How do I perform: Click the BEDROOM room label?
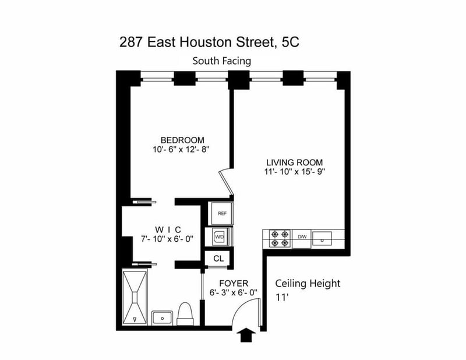pyautogui.click(x=182, y=140)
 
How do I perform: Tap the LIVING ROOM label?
pyautogui.click(x=295, y=163)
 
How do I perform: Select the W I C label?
pyautogui.click(x=168, y=230)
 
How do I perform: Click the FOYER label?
pyautogui.click(x=234, y=283)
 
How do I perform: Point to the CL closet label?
pyautogui.click(x=218, y=259)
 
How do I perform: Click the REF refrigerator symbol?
pyautogui.click(x=222, y=213)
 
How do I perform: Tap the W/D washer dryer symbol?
pyautogui.click(x=220, y=237)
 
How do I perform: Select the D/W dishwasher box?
pyautogui.click(x=302, y=239)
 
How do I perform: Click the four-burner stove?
pyautogui.click(x=280, y=239)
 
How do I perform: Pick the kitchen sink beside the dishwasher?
pyautogui.click(x=322, y=238)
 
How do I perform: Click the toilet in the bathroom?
pyautogui.click(x=185, y=314)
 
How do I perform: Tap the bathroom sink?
pyautogui.click(x=163, y=318)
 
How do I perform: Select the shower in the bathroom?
pyautogui.click(x=135, y=297)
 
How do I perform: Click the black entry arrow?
pyautogui.click(x=246, y=335)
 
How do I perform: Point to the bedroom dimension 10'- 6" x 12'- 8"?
pyautogui.click(x=181, y=150)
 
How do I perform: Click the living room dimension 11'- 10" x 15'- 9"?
pyautogui.click(x=295, y=172)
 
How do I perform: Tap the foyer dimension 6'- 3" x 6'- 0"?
pyautogui.click(x=234, y=293)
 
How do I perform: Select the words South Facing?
pyautogui.click(x=222, y=61)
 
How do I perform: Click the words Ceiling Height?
pyautogui.click(x=308, y=283)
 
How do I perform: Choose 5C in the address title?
pyautogui.click(x=290, y=42)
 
